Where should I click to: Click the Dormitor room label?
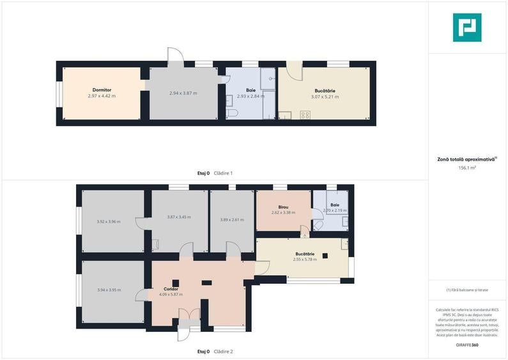pos(102,90)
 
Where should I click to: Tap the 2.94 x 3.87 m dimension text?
pos(183,93)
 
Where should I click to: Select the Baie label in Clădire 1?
pos(250,90)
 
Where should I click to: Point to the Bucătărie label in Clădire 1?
pos(325,91)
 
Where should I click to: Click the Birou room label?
pos(283,207)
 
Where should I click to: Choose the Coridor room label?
pos(171,289)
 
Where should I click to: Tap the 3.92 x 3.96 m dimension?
pos(109,222)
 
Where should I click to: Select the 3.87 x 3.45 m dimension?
pos(179,217)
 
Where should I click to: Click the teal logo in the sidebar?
pos(467,27)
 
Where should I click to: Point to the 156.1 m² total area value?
pos(467,168)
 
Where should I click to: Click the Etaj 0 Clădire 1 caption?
pos(215,173)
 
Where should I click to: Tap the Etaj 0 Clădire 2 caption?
pos(215,352)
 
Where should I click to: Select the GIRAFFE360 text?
pos(467,345)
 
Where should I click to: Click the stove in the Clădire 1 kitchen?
pos(305,115)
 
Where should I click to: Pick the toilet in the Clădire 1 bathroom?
pos(233,113)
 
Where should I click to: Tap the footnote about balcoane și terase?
pos(467,290)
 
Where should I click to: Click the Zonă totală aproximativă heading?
pos(466,160)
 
